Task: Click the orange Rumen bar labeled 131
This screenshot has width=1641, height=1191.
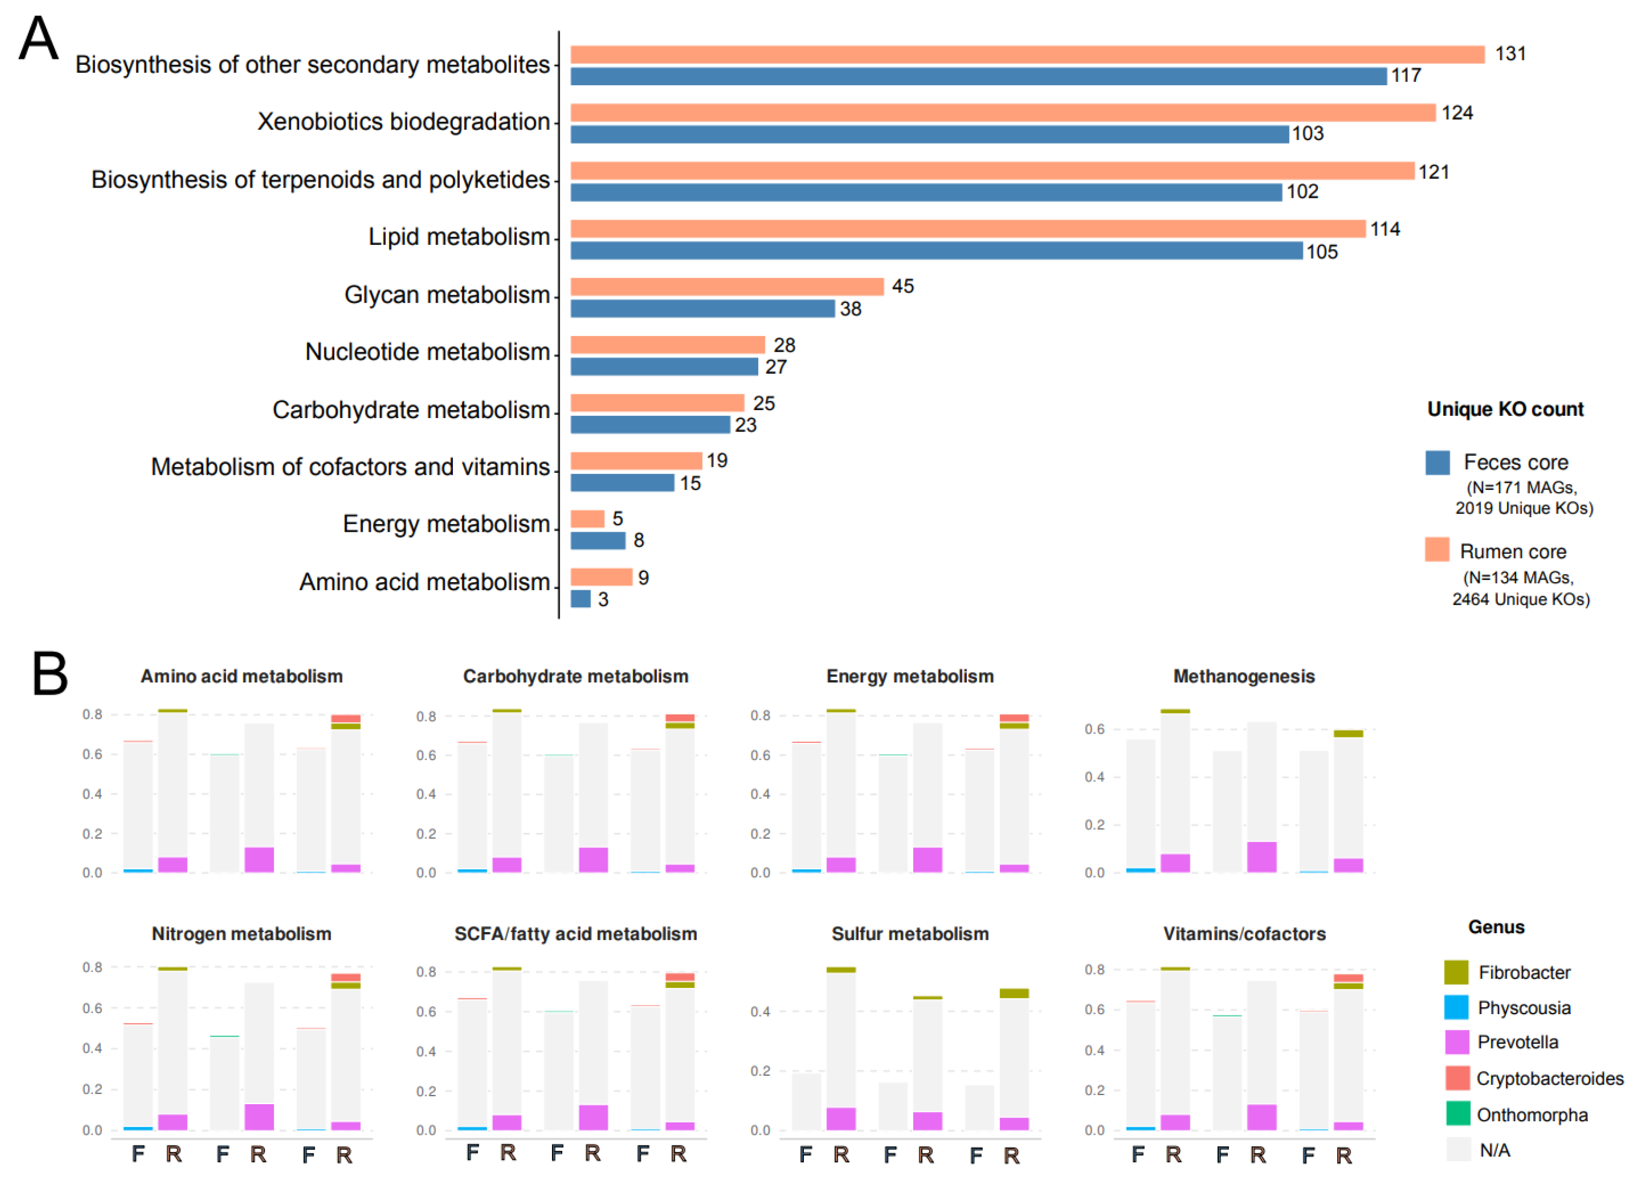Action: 1027,54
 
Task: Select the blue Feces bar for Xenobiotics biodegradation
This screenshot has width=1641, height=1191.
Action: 930,134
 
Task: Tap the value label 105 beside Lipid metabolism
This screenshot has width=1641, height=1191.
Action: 1322,252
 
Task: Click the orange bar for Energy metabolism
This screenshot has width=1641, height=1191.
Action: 587,519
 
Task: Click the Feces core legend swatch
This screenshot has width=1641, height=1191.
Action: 1438,463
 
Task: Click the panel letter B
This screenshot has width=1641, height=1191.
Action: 50,673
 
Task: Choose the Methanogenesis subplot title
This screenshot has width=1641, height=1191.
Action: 1244,676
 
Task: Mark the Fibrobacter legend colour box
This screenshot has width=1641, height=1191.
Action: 1457,972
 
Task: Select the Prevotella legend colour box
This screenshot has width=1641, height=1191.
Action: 1457,1042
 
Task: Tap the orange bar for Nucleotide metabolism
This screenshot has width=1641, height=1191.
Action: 668,345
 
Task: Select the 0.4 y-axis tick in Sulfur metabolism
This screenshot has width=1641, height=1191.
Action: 760,1011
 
